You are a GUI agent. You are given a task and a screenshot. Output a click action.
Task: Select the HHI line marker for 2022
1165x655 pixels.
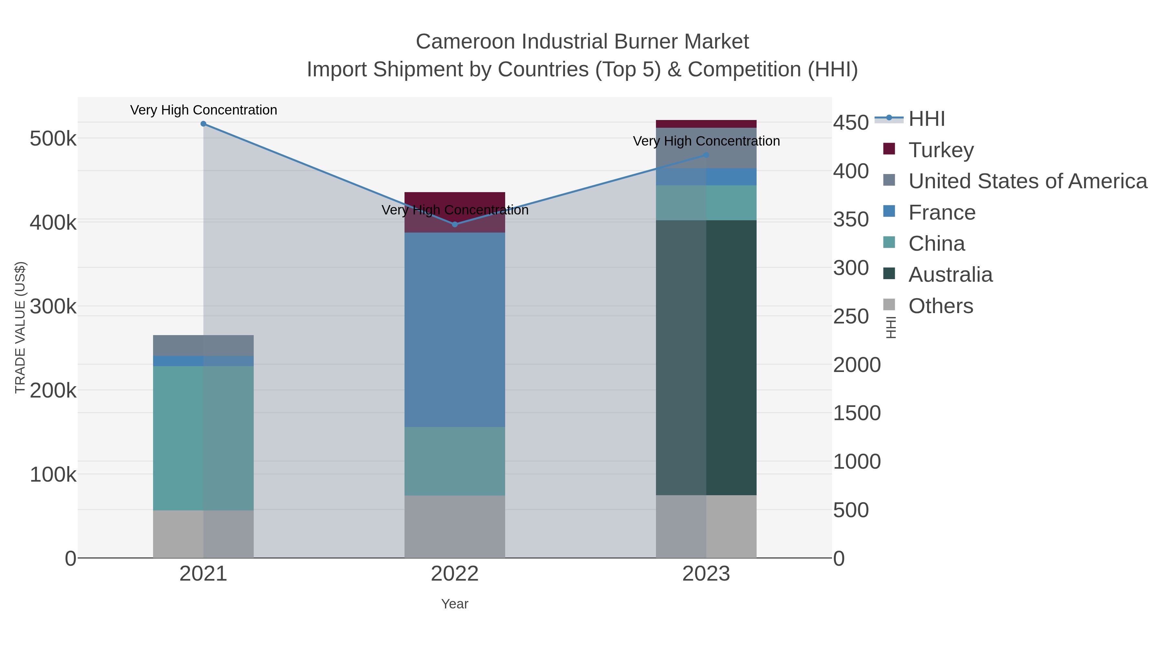coord(455,224)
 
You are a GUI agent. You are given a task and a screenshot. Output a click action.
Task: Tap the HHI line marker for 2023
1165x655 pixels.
coord(706,155)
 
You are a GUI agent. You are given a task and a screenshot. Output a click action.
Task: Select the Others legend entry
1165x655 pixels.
coord(940,306)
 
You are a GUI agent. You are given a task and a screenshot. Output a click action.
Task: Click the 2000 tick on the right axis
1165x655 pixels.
coord(857,365)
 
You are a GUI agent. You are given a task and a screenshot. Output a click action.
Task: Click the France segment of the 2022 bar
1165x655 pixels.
coord(455,330)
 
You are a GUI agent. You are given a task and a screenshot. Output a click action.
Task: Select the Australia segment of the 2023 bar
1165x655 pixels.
coord(706,357)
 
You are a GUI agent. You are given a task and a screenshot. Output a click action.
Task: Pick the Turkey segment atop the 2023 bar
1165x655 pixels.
coord(706,124)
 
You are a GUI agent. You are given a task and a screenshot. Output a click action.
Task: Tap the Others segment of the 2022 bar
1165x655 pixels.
coord(455,527)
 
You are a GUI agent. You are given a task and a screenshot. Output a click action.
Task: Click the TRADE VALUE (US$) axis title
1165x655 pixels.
coord(20,327)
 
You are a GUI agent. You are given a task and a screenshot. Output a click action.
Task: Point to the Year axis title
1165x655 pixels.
coord(455,604)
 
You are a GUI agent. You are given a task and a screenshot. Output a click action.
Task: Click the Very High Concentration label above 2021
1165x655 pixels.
coord(204,110)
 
